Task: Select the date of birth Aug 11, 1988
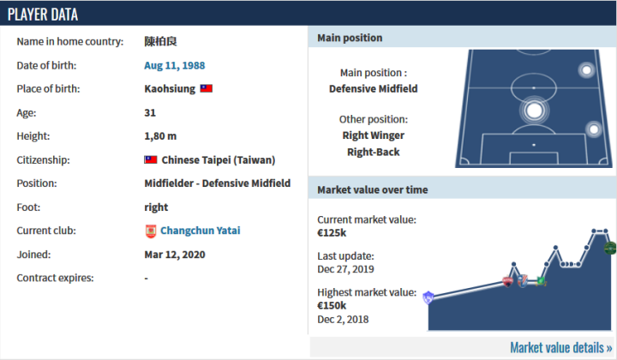(175, 65)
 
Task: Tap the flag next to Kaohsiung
(207, 88)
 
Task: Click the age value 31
(151, 112)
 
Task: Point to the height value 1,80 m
(161, 136)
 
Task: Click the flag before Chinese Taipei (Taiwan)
(151, 159)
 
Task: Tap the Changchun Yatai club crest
(152, 231)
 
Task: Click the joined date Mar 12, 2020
(175, 255)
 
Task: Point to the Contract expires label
(55, 278)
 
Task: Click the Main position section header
(350, 39)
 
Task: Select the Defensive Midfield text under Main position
(373, 88)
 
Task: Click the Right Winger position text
(373, 135)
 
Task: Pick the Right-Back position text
(373, 152)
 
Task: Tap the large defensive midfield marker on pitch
(534, 110)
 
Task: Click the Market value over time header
(373, 189)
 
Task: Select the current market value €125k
(332, 232)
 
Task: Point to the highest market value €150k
(332, 305)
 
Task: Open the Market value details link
(560, 347)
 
